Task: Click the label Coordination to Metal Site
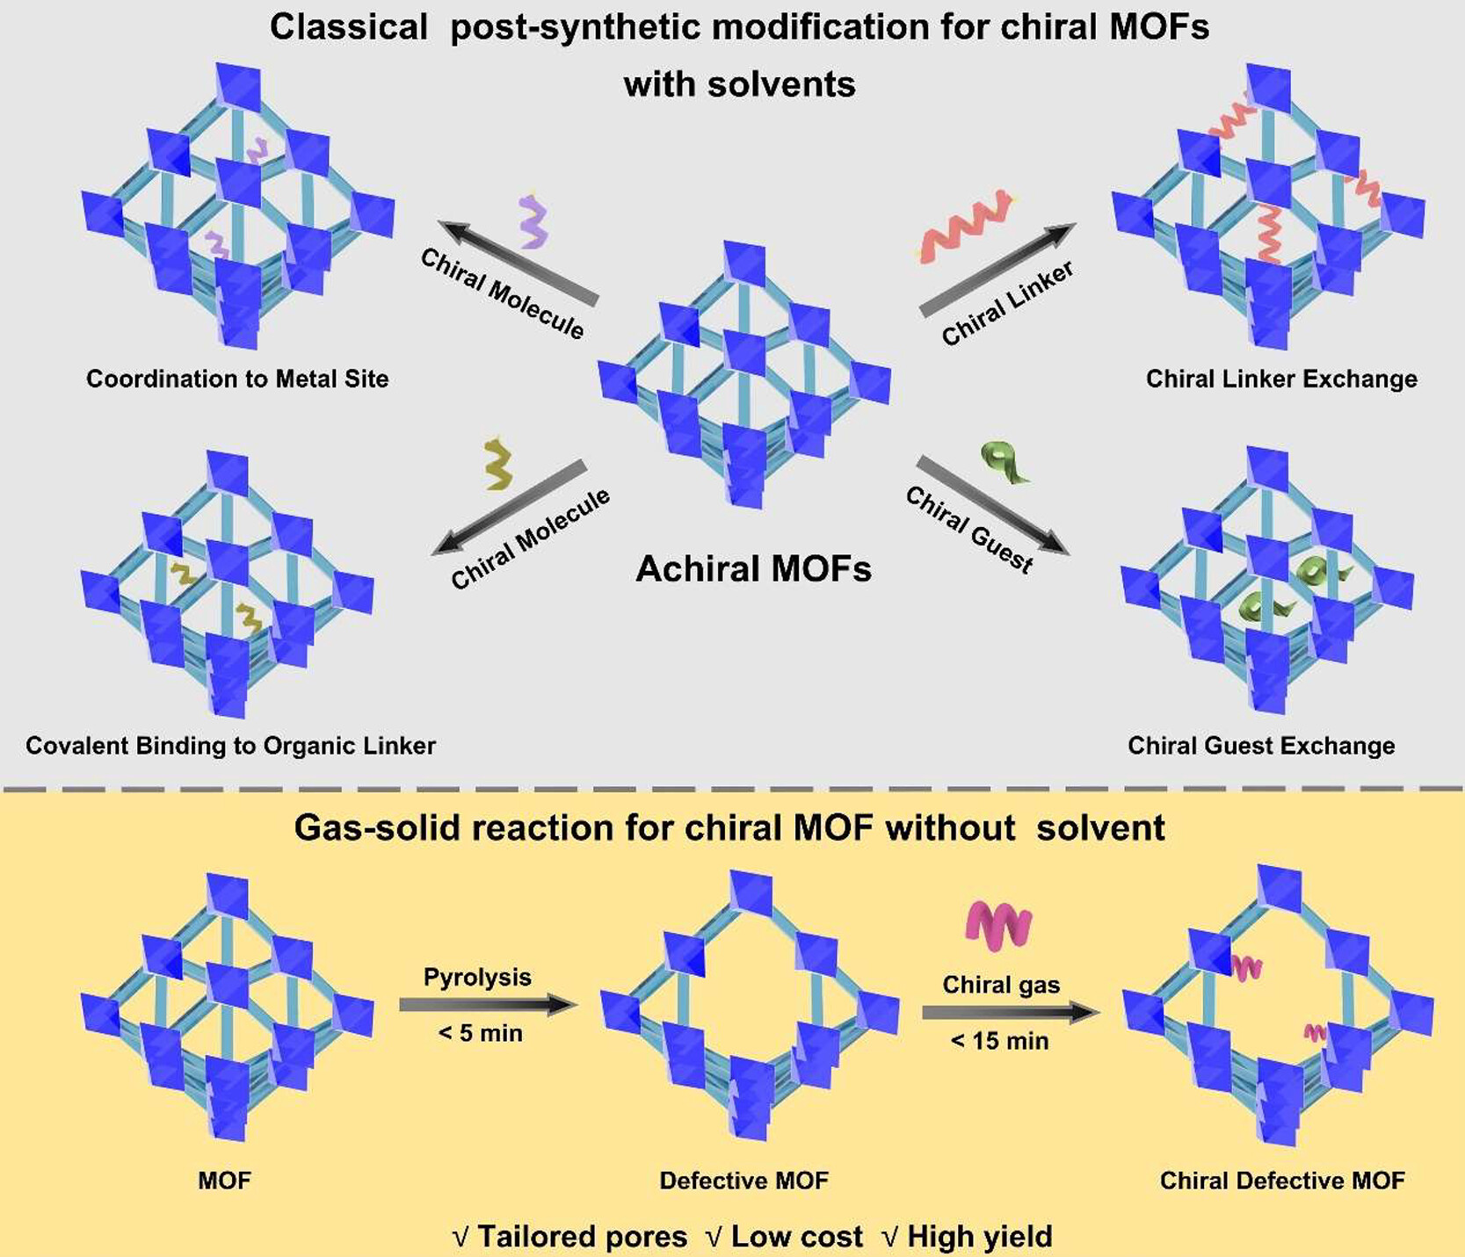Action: pos(237,379)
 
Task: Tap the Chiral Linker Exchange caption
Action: pos(1281,379)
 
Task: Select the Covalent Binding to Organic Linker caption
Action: pos(230,746)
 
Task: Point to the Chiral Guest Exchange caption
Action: pos(1261,746)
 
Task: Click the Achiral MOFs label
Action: pos(753,569)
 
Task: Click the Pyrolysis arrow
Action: pos(488,1005)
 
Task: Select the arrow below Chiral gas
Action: pos(1010,1013)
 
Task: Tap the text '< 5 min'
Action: pos(480,1033)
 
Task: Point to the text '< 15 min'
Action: pos(1000,1041)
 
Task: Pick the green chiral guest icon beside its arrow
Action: pos(1004,463)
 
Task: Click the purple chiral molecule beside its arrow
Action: pos(533,221)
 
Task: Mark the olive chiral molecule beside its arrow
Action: pos(498,465)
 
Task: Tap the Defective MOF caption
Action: pos(743,1181)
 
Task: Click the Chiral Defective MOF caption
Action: pos(1282,1181)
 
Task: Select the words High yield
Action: pos(979,1237)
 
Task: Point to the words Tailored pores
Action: pos(582,1237)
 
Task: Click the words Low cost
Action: pos(796,1237)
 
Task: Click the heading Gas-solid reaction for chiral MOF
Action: pos(729,827)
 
